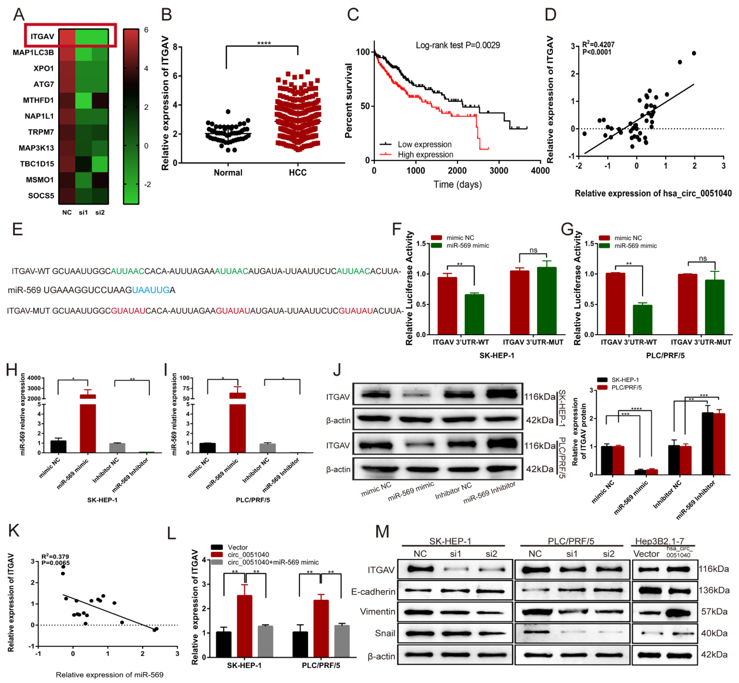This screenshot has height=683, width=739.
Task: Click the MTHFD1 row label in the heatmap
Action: (x=38, y=100)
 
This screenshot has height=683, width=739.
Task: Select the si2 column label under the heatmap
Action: (x=100, y=212)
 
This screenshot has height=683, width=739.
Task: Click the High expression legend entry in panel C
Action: (x=425, y=154)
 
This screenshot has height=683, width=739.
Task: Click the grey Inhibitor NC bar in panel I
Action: (x=268, y=448)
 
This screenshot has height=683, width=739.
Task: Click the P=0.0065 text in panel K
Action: (x=55, y=563)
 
